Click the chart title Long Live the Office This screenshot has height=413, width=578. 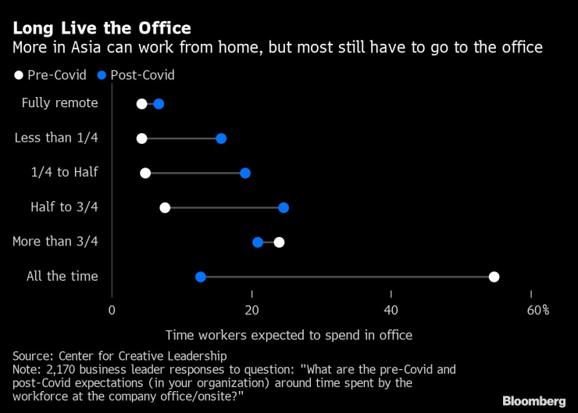[x=102, y=29]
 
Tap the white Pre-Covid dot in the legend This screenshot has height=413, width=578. [x=18, y=76]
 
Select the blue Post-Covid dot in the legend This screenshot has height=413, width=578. [x=102, y=76]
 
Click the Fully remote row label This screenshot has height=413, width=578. [x=59, y=103]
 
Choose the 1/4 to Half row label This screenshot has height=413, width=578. [x=66, y=173]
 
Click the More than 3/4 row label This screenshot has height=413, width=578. [x=55, y=242]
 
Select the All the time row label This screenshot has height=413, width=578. [x=62, y=276]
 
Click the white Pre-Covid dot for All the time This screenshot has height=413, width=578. [x=494, y=276]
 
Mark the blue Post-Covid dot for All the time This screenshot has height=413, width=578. [x=201, y=276]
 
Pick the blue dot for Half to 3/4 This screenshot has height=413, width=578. [x=284, y=207]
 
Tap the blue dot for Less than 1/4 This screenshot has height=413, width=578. [x=221, y=138]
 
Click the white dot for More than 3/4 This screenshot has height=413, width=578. [x=279, y=242]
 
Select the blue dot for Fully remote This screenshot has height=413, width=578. [x=159, y=104]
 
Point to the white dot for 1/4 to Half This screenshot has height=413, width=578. [x=145, y=173]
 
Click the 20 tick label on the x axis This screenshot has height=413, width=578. [x=252, y=311]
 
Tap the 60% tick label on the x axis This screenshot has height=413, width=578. [x=537, y=311]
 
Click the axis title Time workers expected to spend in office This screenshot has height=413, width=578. [x=288, y=335]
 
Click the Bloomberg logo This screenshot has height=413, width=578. [x=533, y=400]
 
